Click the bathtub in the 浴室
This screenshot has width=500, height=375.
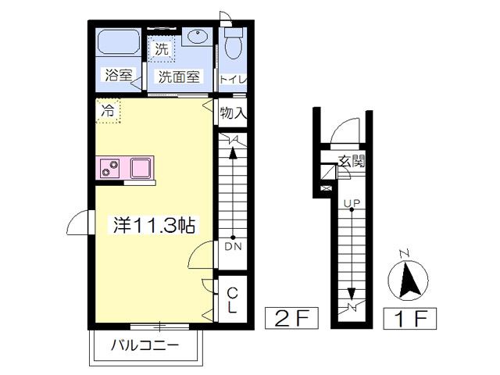118,42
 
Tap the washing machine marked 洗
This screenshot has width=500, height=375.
162,48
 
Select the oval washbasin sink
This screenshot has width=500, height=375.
198,36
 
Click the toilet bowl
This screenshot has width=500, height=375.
233,44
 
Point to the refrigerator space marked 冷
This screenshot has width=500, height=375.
108,111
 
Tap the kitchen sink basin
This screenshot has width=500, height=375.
141,168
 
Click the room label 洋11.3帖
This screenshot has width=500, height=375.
155,225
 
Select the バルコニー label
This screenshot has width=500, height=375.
145,345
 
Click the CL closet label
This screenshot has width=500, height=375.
233,300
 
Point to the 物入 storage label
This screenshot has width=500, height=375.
234,112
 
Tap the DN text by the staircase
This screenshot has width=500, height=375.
233,246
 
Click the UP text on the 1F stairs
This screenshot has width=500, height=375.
352,203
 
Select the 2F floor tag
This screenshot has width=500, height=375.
291,318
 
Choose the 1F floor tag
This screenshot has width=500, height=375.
409,318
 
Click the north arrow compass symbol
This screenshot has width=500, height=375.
408,279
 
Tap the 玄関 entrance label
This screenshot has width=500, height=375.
351,161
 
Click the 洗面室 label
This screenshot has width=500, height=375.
179,77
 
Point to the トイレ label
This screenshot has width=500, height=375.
234,80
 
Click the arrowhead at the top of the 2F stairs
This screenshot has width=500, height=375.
233,153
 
